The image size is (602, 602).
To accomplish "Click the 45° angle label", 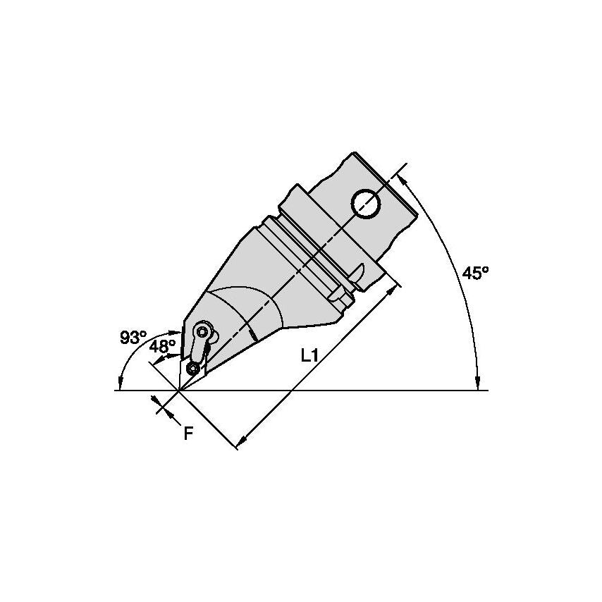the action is (475, 273).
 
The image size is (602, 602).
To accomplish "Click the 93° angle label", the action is (133, 338).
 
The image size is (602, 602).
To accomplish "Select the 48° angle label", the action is (162, 346).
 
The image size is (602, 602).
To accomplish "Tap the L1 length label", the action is (309, 356).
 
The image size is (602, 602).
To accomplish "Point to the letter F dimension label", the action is (188, 434).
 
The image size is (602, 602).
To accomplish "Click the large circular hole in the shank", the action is (367, 204).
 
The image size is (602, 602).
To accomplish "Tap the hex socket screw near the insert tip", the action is (192, 369).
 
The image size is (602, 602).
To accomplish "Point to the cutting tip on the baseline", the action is (178, 390).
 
